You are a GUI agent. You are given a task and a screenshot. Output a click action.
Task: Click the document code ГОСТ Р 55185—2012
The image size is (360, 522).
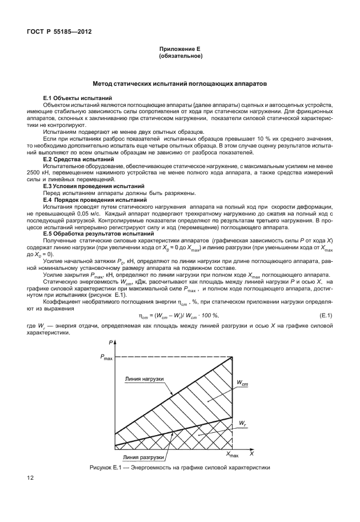[59, 31]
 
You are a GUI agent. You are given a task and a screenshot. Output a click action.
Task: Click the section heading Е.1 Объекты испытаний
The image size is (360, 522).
[77, 98]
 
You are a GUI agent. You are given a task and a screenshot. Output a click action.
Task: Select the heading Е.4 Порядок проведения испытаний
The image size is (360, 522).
[95, 200]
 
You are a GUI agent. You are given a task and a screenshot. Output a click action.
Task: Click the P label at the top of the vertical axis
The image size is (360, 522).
[109, 342]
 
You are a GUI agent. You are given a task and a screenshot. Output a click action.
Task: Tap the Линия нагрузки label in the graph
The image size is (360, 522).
[146, 378]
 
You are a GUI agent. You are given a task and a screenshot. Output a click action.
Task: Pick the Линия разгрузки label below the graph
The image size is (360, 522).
[144, 457]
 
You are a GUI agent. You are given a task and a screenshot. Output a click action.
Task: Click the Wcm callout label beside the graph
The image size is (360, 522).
[242, 383]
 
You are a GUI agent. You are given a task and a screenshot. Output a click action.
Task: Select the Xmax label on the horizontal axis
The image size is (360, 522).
[232, 454]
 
